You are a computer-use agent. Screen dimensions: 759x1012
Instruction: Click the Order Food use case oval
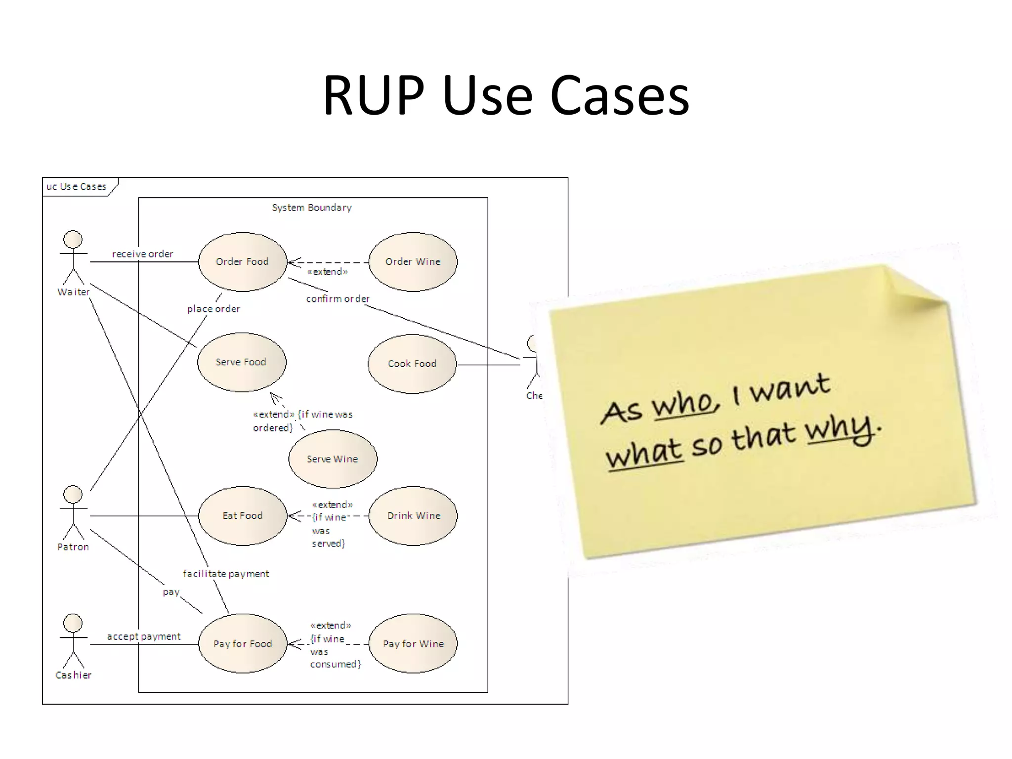click(x=242, y=261)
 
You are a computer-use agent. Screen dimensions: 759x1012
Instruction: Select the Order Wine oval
click(x=413, y=261)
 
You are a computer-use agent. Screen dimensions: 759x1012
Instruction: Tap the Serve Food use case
click(x=241, y=362)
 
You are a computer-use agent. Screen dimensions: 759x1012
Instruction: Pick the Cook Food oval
click(x=412, y=364)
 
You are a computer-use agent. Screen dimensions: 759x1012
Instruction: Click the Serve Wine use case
click(x=333, y=459)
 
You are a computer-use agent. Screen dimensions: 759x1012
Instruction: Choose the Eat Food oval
click(x=242, y=515)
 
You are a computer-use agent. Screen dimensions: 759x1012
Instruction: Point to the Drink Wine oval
click(x=413, y=515)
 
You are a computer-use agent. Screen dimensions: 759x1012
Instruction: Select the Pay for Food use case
click(x=242, y=643)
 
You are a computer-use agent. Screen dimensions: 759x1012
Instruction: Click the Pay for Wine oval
click(x=413, y=643)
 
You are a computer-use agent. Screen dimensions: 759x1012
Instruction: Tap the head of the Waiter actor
click(x=73, y=239)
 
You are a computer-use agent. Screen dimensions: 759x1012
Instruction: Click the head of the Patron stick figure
click(x=73, y=494)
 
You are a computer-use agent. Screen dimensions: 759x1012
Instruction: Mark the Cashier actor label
click(x=74, y=675)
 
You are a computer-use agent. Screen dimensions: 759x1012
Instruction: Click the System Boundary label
click(x=312, y=208)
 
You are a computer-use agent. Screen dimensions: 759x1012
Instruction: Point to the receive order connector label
click(x=142, y=254)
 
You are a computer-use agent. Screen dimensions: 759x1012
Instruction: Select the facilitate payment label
click(x=226, y=574)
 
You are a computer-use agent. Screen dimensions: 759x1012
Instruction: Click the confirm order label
click(x=337, y=299)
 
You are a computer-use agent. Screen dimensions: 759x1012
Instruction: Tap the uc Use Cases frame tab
click(x=77, y=187)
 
